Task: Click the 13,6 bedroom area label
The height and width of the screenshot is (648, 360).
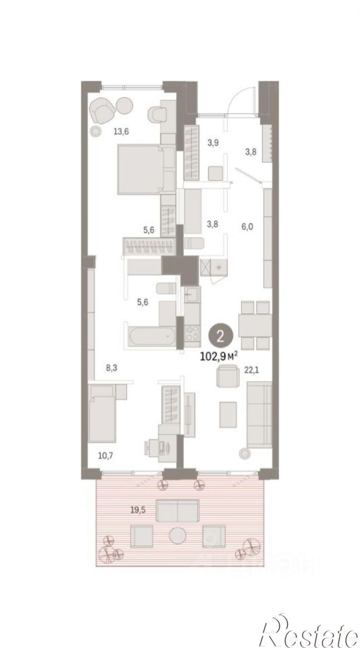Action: pyautogui.click(x=121, y=132)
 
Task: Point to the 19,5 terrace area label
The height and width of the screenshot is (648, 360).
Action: pyautogui.click(x=138, y=510)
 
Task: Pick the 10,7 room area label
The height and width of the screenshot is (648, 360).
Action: pyautogui.click(x=105, y=456)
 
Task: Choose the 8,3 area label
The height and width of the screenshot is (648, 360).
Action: pyautogui.click(x=112, y=368)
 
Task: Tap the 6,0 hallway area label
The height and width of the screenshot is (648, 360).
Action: pyautogui.click(x=247, y=226)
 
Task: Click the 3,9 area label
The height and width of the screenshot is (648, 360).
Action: pyautogui.click(x=213, y=142)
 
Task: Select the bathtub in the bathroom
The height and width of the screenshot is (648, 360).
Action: pyautogui.click(x=151, y=336)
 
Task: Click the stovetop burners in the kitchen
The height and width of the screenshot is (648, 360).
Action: pyautogui.click(x=192, y=332)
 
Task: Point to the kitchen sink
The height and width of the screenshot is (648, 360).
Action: pyautogui.click(x=192, y=295)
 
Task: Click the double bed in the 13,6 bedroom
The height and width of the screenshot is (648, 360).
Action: pyautogui.click(x=146, y=170)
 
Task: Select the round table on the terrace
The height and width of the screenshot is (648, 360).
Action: pyautogui.click(x=178, y=535)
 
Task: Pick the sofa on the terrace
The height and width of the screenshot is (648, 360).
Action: pyautogui.click(x=177, y=511)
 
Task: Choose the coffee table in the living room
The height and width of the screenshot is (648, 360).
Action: pyautogui.click(x=228, y=414)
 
